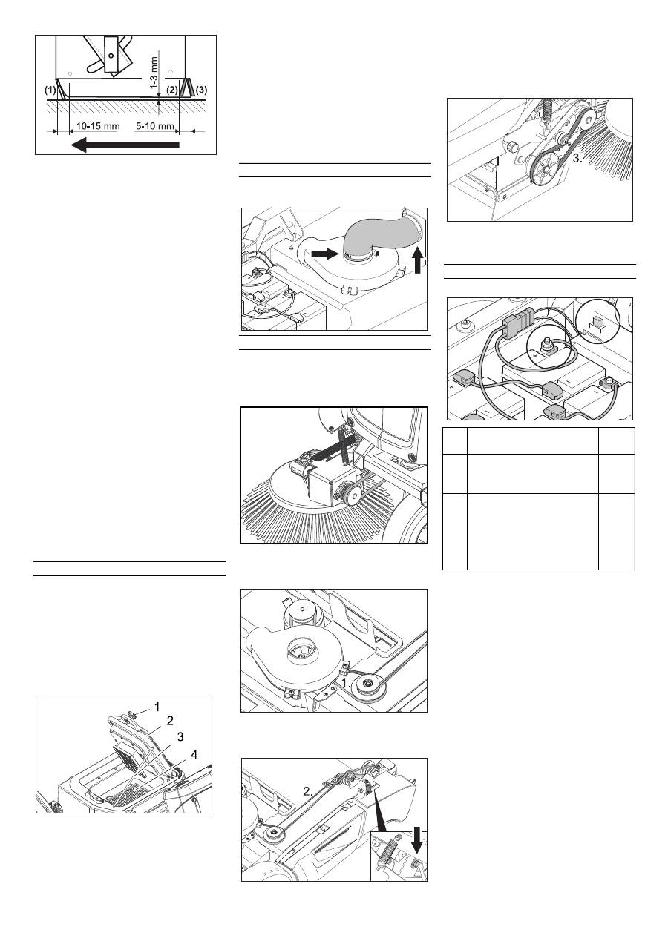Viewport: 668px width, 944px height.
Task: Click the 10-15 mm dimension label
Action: coord(98,125)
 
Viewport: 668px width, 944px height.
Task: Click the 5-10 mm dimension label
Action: coord(155,125)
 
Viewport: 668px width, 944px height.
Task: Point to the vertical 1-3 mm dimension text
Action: coord(154,73)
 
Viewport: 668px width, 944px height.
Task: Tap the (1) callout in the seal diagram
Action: coord(50,90)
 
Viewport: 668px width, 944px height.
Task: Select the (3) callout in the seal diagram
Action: coord(202,90)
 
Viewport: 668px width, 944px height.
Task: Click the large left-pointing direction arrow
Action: coord(125,145)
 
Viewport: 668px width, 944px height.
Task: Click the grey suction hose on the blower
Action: coord(376,237)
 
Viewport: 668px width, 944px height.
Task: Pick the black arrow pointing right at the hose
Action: coord(325,254)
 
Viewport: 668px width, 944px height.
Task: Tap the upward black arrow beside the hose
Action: coord(418,260)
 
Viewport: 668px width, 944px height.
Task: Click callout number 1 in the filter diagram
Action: coord(157,707)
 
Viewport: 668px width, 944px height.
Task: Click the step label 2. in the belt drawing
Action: coord(309,792)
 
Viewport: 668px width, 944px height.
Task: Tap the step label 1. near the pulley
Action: coord(345,683)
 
